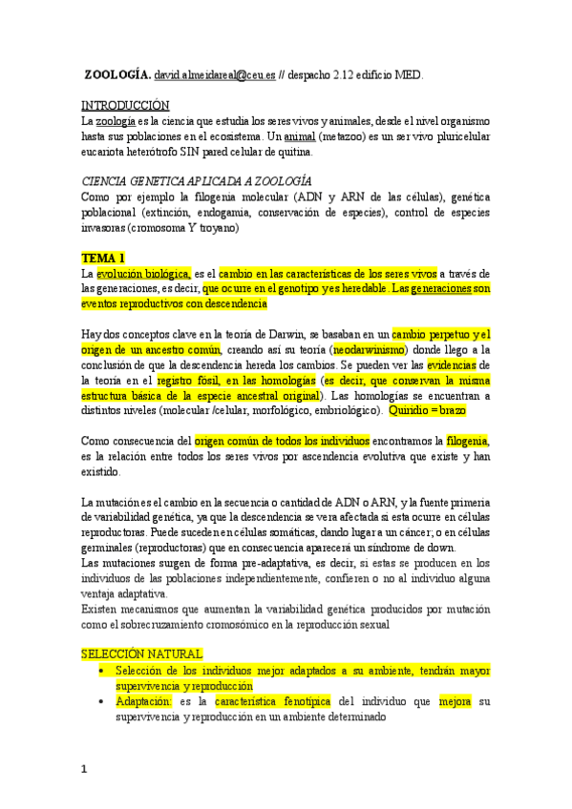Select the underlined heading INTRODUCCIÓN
(x=125, y=105)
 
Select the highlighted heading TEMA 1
(x=103, y=259)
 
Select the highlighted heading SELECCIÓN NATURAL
(x=141, y=653)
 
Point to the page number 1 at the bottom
(x=85, y=770)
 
